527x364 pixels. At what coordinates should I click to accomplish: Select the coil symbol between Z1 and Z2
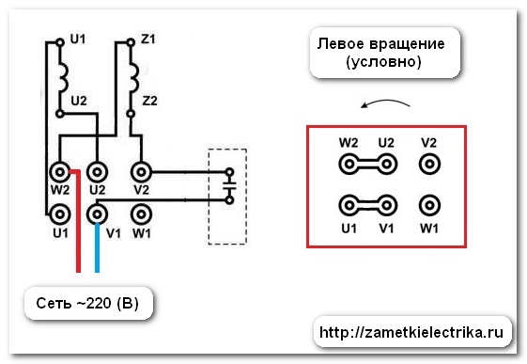pyautogui.click(x=134, y=72)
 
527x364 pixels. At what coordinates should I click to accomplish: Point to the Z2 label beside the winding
pyautogui.click(x=148, y=100)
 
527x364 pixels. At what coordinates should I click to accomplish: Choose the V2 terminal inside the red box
pyautogui.click(x=429, y=164)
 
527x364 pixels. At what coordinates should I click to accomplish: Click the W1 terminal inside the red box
pyautogui.click(x=429, y=205)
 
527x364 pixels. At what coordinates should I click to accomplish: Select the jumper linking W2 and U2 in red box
pyautogui.click(x=367, y=164)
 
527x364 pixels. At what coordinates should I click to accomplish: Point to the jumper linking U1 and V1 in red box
pyautogui.click(x=367, y=205)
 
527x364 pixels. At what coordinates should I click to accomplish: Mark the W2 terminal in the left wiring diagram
pyautogui.click(x=59, y=172)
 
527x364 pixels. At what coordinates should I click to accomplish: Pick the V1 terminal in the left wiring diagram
pyautogui.click(x=96, y=214)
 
